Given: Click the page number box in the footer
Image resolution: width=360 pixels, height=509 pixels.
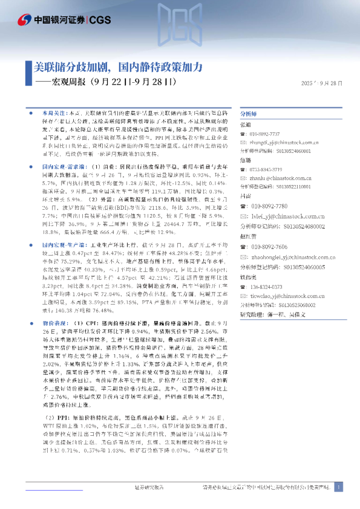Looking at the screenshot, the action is click(339, 487).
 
